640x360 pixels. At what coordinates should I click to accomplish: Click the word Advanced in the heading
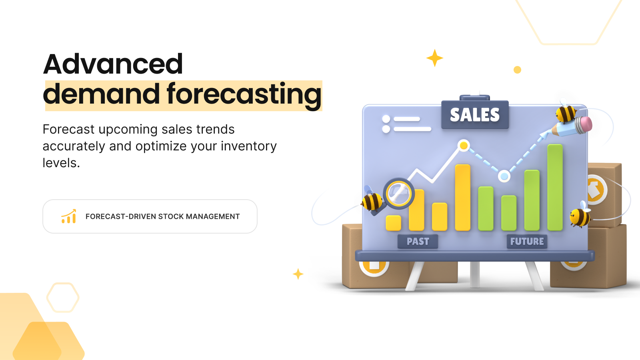(x=113, y=64)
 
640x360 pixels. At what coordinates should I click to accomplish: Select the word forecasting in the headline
(x=244, y=95)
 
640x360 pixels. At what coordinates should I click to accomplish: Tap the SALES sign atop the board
(x=475, y=115)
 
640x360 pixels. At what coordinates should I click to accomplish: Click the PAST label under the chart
(x=418, y=242)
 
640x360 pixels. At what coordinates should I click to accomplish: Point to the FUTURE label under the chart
(x=527, y=242)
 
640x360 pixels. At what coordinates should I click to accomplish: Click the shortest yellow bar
(x=393, y=223)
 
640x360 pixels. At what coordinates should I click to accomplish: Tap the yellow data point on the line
(x=464, y=145)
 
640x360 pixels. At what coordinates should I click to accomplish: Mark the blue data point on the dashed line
(x=504, y=176)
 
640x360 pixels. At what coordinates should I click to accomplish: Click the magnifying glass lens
(x=399, y=194)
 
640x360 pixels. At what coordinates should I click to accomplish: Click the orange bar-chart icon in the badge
(x=69, y=216)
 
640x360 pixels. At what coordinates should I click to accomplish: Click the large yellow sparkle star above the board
(x=434, y=58)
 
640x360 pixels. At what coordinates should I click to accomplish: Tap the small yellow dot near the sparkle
(x=517, y=70)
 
